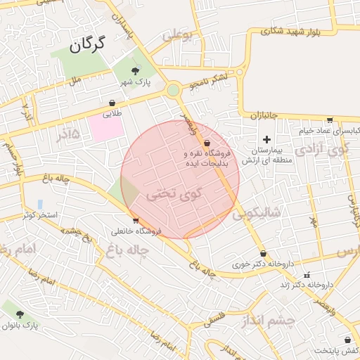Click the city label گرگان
(86, 46)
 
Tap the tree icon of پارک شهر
(136, 70)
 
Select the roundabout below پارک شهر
(173, 90)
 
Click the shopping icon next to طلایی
(112, 103)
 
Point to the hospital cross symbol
(266, 139)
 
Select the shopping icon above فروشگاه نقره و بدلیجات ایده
(207, 143)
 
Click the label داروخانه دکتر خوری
(261, 264)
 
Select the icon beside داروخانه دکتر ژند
(306, 275)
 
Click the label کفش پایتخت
(337, 350)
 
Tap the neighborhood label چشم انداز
(277, 320)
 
